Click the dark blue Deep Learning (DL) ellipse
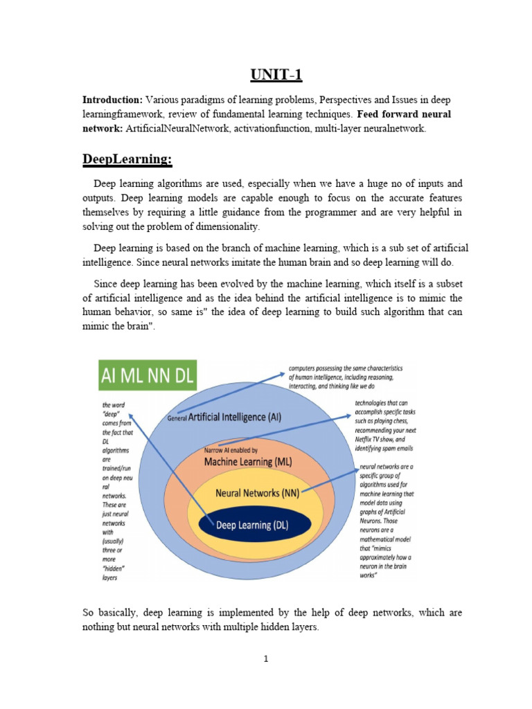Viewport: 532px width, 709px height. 252,525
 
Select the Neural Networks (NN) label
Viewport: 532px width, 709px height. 257,494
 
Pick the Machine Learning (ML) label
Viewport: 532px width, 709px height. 248,461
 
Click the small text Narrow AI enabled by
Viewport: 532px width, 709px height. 231,451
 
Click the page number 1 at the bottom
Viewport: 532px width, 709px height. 266,658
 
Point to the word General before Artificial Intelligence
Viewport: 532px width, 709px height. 177,418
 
